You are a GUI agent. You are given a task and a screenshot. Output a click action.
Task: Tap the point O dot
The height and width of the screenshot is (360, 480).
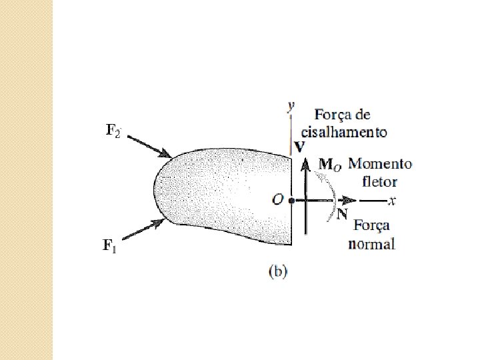pos(291,200)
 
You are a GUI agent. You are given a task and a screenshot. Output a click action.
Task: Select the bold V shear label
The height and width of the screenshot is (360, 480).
pos(299,145)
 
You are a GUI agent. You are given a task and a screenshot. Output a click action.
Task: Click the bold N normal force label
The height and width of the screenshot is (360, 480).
pos(342,214)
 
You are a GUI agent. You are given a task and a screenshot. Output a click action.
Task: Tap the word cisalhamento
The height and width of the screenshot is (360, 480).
pos(343,131)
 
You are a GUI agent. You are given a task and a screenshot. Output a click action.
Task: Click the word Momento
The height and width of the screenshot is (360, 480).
pos(380,164)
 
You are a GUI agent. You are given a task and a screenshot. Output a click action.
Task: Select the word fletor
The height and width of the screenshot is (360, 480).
pos(379,181)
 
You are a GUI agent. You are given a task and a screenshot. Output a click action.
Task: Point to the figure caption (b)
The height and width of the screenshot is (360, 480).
pos(277,271)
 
